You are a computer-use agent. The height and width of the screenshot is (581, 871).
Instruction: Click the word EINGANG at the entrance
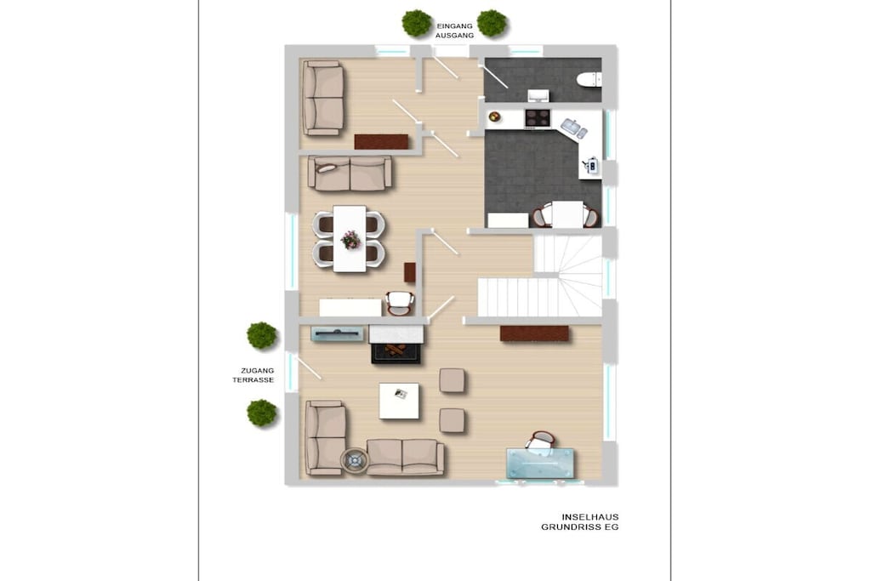coord(454,26)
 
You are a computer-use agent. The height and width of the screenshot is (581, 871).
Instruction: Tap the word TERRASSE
coord(253,380)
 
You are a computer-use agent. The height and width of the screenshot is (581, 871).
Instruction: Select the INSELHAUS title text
coord(590,516)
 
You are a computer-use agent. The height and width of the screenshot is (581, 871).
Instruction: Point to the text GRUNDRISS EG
coord(580,527)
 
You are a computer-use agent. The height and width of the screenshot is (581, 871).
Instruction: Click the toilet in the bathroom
coord(589,79)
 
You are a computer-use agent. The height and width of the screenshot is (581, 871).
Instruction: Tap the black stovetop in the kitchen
coord(538,117)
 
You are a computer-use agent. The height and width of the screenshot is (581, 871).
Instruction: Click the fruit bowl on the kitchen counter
coord(494,117)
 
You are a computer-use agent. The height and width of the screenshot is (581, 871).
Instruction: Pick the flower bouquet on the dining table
coord(350,240)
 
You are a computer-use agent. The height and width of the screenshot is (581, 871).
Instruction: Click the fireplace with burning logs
coord(396,352)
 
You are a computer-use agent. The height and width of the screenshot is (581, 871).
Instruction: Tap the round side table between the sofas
coord(355,460)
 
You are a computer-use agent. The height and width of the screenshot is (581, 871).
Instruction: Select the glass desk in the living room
coord(540,464)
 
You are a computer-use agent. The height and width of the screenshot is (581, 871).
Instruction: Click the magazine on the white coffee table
coord(401,394)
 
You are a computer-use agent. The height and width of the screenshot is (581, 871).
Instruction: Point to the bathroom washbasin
coord(538,95)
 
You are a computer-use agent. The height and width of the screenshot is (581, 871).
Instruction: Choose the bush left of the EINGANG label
coord(417,23)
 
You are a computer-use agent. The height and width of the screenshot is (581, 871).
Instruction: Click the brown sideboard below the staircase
coord(534,333)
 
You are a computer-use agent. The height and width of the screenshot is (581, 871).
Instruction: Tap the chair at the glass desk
coord(541,442)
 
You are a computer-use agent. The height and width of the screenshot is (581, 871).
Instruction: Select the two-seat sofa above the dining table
coord(350,174)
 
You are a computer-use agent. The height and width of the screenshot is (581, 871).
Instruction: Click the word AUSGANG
coord(454,36)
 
